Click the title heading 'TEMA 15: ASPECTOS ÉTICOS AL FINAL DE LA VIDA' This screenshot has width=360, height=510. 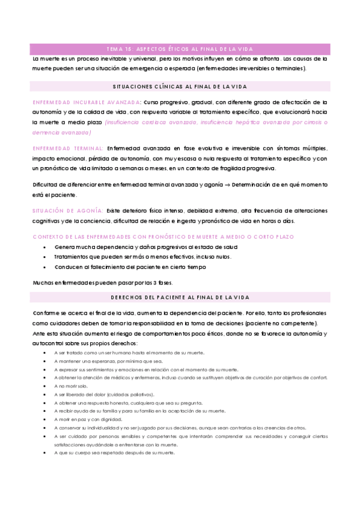(180, 49)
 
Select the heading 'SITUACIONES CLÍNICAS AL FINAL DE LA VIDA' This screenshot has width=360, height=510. (180, 87)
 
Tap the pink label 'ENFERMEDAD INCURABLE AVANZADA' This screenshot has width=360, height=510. (87, 102)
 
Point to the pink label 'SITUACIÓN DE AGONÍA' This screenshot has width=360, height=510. (66, 210)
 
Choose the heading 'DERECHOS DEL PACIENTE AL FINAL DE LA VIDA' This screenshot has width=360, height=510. (180, 298)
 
